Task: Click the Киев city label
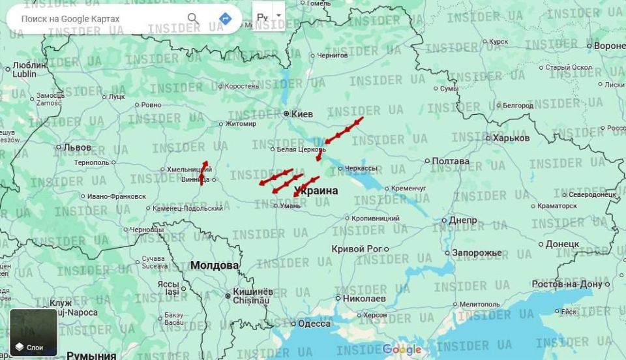point(302,114)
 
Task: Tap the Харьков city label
point(511,138)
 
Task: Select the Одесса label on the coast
point(314,324)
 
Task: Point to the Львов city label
point(78,148)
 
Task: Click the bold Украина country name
point(316,191)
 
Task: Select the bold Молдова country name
point(215,265)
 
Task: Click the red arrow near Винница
point(203,173)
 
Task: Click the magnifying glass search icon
point(193,18)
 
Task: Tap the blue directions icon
point(226,18)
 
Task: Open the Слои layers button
point(33,333)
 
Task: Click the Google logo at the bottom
point(402,350)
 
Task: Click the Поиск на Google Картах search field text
point(70,19)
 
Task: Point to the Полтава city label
point(450,161)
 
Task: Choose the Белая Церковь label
point(301,149)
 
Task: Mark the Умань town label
point(290,206)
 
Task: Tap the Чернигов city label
point(332,56)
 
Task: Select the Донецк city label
point(561,244)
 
